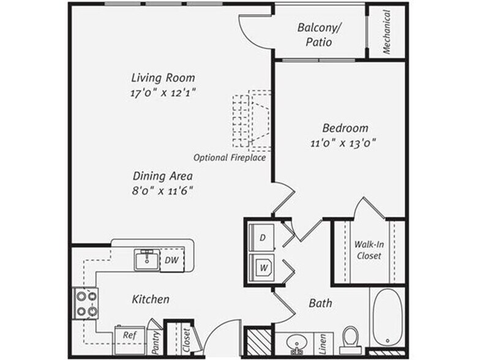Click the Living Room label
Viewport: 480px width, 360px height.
(x=163, y=78)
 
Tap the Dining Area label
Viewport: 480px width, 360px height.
(x=159, y=176)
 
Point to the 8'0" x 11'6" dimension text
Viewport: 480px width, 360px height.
(x=159, y=190)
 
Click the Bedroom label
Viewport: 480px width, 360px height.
(x=345, y=128)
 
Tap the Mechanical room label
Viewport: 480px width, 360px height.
(x=387, y=32)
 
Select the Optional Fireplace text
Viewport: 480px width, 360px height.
(x=230, y=158)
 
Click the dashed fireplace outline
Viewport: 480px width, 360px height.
(x=252, y=120)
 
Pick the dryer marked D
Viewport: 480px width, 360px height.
(x=263, y=236)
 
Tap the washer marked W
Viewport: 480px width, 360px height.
(x=263, y=266)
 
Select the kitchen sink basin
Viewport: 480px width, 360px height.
(x=148, y=260)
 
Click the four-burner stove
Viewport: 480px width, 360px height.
(x=86, y=304)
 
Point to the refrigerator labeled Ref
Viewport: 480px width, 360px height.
(x=129, y=336)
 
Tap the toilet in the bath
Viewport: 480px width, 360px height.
(x=350, y=337)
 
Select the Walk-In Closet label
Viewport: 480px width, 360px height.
(x=369, y=250)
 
